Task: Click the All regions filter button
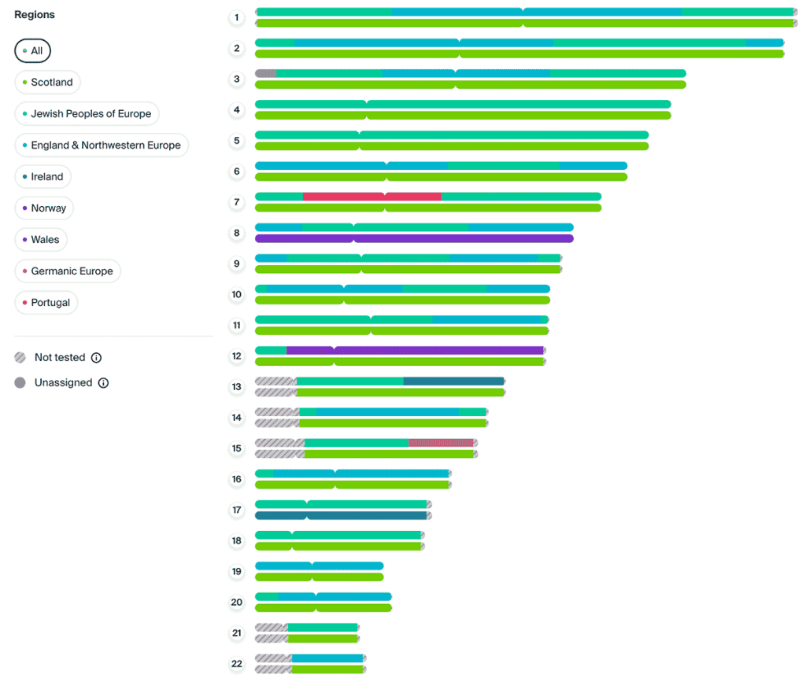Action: pos(32,51)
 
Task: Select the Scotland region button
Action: pos(47,83)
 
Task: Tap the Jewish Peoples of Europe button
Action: pos(87,114)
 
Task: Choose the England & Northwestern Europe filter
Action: pos(102,146)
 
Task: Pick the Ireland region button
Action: pos(43,177)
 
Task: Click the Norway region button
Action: pos(44,208)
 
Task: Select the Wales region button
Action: pos(41,240)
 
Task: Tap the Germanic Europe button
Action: pos(68,271)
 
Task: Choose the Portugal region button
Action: pos(46,303)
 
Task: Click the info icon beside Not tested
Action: pos(96,358)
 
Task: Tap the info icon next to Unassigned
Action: pos(103,383)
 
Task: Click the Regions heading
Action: pos(35,15)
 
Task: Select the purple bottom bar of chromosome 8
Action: pos(414,238)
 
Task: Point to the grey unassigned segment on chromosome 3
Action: pos(266,73)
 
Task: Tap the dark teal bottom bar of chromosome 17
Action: pos(341,516)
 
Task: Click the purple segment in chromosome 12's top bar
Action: pos(438,350)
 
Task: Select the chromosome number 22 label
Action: pos(237,664)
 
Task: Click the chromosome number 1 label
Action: pos(237,17)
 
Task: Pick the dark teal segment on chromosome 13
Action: pos(453,381)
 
